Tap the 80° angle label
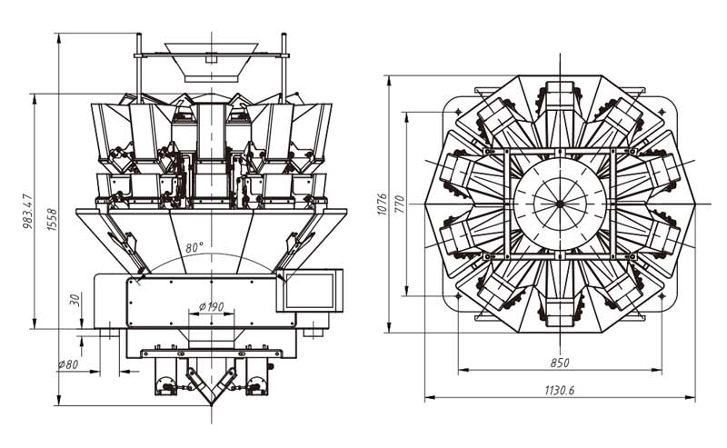[194, 246]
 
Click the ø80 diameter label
[69, 364]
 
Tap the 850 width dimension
[560, 363]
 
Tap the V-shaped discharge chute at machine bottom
[211, 382]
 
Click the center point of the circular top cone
[560, 202]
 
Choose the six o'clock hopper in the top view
[560, 304]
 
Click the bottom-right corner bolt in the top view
[662, 293]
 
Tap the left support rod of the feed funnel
[139, 64]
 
